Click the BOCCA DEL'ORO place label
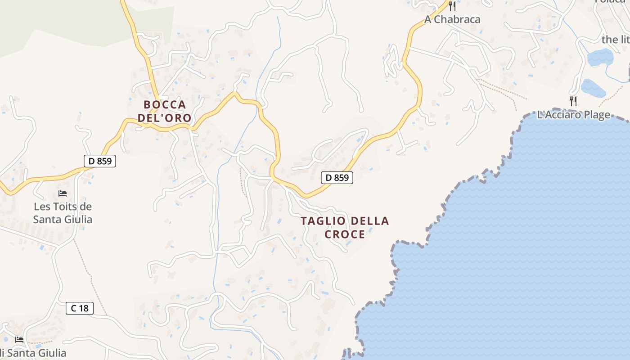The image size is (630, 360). click(165, 111)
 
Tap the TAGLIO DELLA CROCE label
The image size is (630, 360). click(345, 227)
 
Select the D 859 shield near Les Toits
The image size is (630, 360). click(100, 161)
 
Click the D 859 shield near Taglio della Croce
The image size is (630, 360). click(337, 177)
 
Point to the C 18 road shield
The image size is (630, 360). click(80, 308)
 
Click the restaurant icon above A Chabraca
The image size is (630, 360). click(453, 6)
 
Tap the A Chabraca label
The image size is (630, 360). click(452, 19)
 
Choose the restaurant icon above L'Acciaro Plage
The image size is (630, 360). click(573, 101)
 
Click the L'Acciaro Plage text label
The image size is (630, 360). click(574, 115)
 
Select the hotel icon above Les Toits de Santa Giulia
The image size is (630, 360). click(63, 193)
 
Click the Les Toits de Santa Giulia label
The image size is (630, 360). click(63, 213)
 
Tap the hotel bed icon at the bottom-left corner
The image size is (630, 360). click(19, 339)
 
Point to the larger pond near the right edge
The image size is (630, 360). click(600, 57)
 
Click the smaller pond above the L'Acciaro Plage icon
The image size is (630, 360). click(593, 87)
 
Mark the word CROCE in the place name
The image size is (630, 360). click(345, 234)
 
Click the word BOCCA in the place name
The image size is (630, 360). click(165, 104)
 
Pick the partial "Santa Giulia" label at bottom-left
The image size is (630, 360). click(36, 353)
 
